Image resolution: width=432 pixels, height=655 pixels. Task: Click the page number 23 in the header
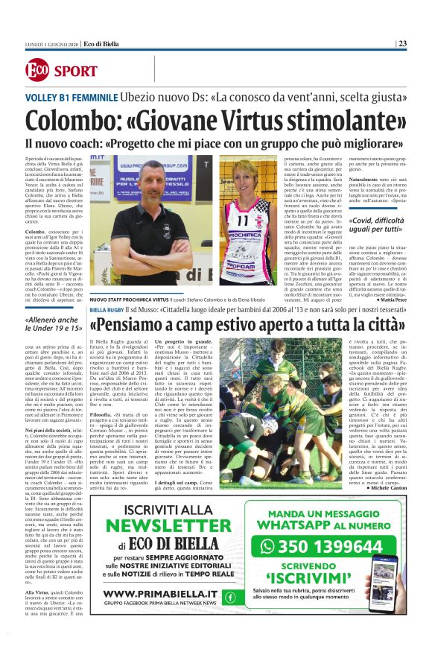[x=402, y=43]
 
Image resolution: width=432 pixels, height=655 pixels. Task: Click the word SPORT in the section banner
[x=75, y=72]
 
